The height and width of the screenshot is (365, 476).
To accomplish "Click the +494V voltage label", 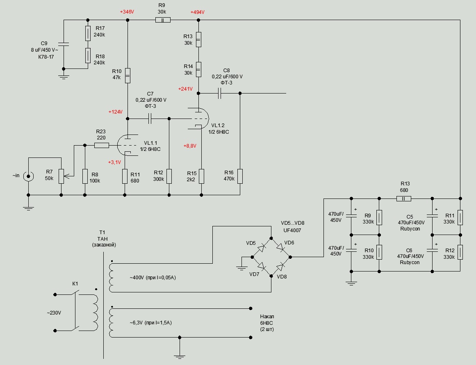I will (197, 12).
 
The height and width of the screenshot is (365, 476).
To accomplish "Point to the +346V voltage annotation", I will (127, 12).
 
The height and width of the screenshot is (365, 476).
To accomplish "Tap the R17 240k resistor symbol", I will (88, 33).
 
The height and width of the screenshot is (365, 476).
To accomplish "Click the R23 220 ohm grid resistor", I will (101, 145).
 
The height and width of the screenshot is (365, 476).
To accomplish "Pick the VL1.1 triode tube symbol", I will (128, 145).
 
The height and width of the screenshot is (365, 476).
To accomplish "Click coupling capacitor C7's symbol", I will (150, 119).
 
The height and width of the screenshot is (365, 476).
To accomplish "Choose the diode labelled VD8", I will (281, 267).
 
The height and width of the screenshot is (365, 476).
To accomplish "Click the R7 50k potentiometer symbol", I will (61, 176).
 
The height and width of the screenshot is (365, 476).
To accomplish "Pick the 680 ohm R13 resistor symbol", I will (404, 199).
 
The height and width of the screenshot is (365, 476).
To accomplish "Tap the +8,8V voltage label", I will (190, 146).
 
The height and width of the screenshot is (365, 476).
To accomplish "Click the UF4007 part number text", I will (292, 230).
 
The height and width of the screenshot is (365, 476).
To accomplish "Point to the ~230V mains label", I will (54, 313).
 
